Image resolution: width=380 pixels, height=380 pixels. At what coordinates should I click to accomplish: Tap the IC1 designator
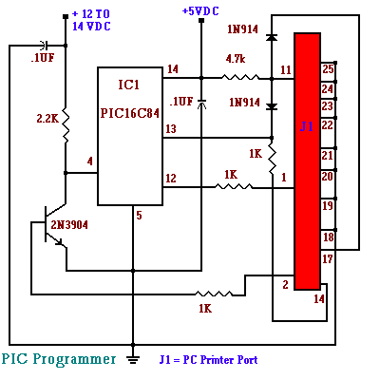point(130,85)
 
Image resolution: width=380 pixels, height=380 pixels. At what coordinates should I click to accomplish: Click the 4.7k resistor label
point(237,58)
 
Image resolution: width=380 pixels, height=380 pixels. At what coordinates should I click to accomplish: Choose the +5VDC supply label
point(201,10)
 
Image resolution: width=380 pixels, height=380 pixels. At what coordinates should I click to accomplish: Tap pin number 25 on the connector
point(328,68)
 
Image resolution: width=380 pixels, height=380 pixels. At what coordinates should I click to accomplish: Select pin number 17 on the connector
point(328,258)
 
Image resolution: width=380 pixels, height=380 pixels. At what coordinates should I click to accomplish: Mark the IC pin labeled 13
point(171,128)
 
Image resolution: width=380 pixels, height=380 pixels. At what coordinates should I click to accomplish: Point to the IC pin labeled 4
point(89,161)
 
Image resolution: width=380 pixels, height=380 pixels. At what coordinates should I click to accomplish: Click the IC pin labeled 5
point(139,216)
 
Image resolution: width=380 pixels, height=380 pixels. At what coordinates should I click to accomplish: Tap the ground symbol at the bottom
point(134,359)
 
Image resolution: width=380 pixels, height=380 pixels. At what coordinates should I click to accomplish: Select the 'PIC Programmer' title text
point(58,359)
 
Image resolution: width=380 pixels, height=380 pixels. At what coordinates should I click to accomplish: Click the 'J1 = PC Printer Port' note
point(208,360)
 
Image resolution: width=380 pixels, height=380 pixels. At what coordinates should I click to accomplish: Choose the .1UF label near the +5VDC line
point(180,101)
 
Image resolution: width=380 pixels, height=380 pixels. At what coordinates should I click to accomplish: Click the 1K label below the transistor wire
point(205,309)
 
